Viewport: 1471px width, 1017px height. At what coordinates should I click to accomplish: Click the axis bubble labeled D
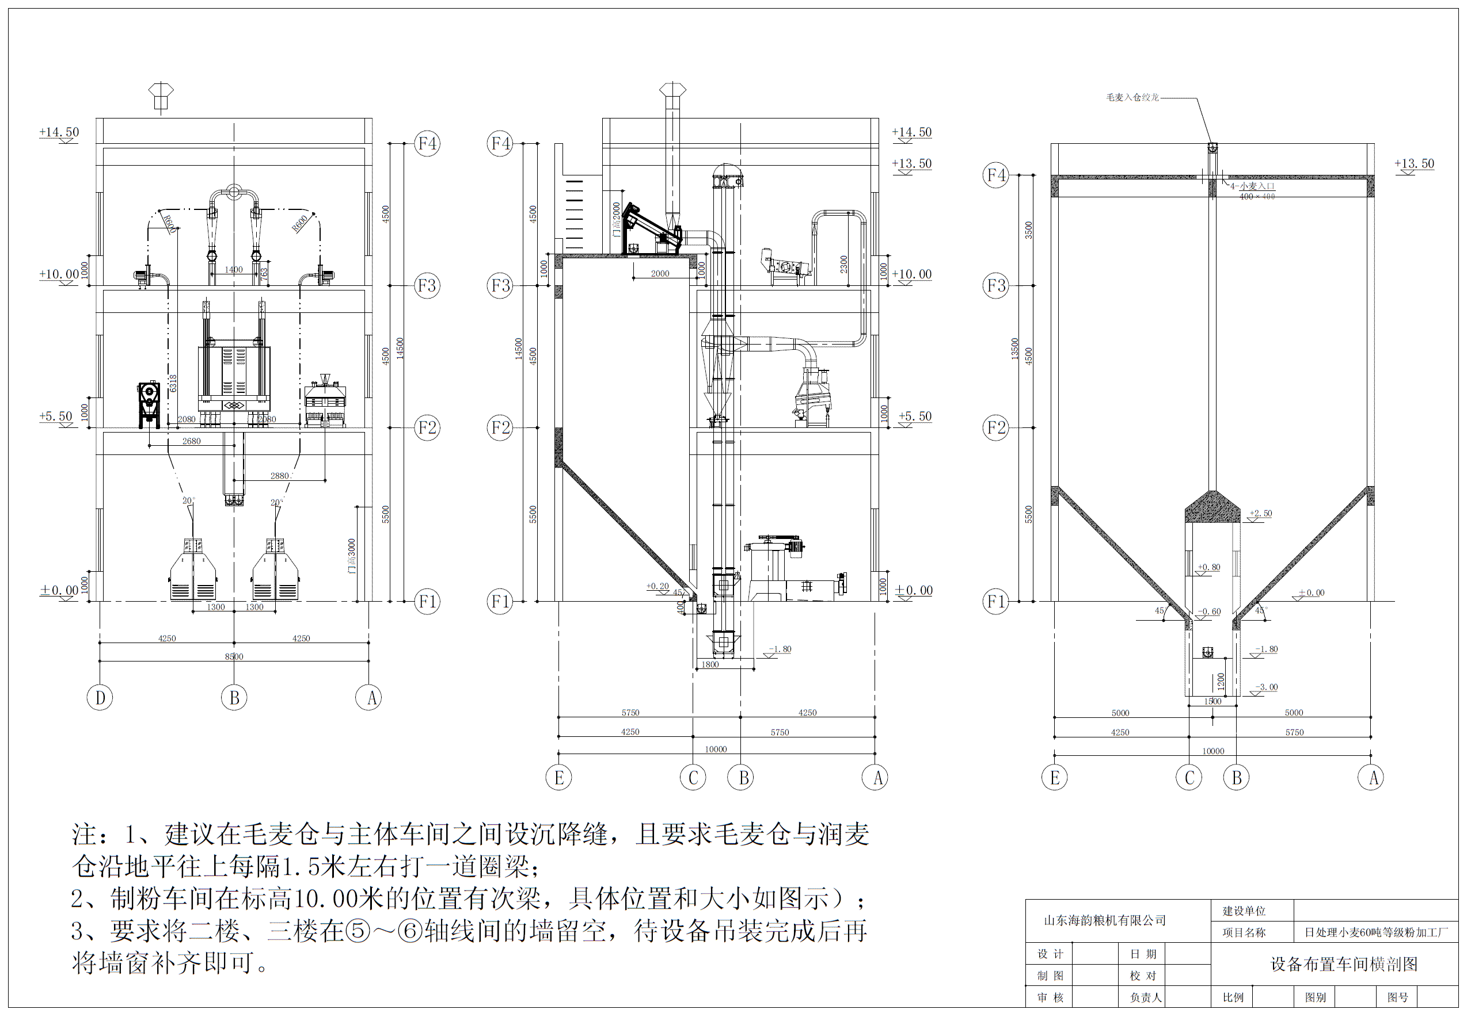coord(100,698)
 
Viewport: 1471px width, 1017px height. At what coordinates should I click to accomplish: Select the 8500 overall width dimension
coord(234,656)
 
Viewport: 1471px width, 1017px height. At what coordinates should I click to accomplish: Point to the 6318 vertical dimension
coord(173,383)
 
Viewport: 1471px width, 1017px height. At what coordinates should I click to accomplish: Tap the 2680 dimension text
coord(191,441)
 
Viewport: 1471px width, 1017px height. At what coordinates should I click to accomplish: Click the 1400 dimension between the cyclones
coord(233,270)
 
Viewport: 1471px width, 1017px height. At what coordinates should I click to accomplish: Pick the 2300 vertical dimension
coord(843,264)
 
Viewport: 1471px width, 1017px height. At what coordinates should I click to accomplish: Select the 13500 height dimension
coord(1014,349)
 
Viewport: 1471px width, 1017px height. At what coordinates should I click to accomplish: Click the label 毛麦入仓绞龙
coord(1132,97)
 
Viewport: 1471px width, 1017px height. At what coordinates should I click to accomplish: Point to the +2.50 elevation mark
coord(1261,513)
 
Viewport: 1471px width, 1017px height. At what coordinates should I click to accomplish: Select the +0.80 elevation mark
coord(1209,567)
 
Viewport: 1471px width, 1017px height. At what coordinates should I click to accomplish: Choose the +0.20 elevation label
coord(657,586)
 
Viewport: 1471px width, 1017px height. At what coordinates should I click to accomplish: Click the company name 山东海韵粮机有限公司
coord(1104,920)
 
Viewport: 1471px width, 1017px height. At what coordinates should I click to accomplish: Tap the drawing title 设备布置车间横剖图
coord(1344,964)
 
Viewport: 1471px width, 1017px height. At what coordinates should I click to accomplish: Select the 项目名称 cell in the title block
coord(1244,932)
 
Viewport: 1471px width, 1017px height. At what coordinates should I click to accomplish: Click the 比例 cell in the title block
coord(1233,997)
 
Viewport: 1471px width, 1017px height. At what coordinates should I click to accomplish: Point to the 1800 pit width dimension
coord(710,664)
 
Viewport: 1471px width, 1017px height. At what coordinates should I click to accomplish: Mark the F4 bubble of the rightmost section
coord(996,175)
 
